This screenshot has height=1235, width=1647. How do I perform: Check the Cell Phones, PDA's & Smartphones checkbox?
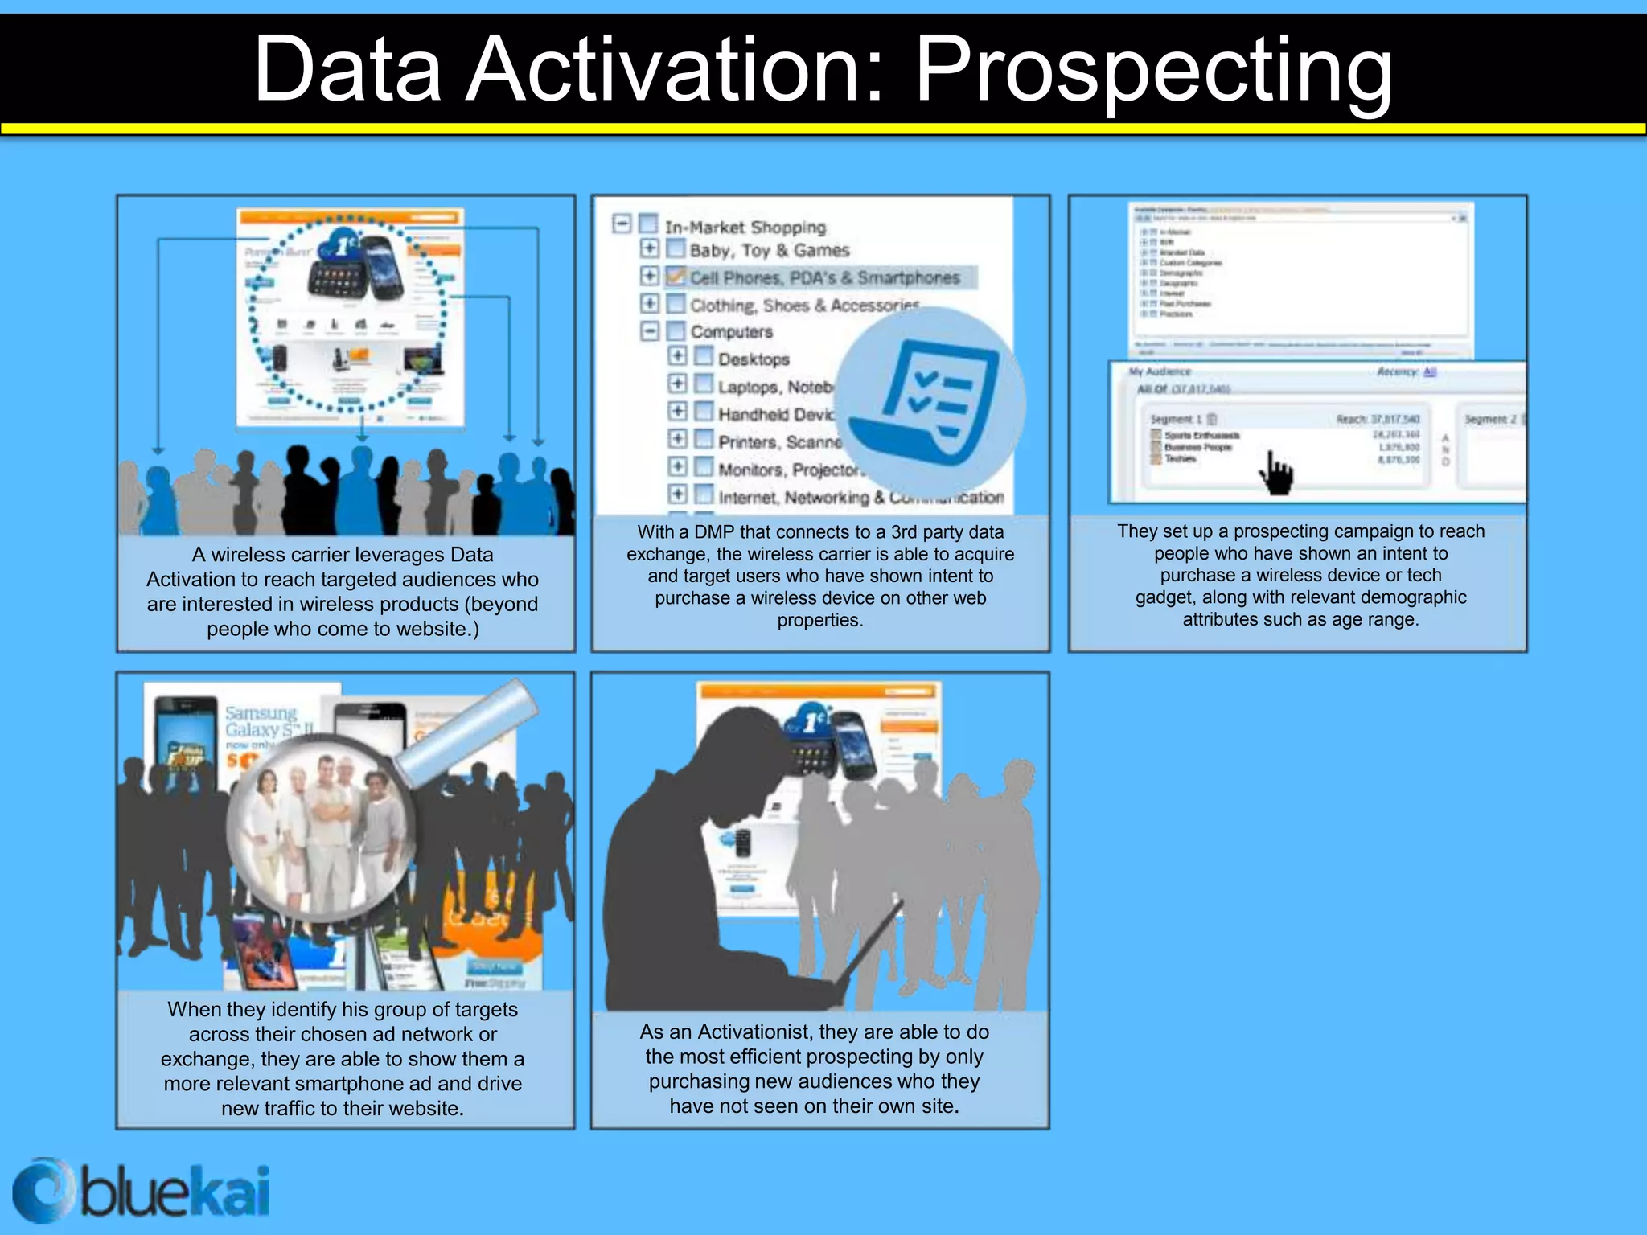tap(676, 277)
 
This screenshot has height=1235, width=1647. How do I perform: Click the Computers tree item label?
tap(731, 332)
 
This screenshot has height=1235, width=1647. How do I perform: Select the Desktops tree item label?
tap(754, 359)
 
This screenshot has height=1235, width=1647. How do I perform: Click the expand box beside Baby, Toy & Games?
tap(649, 248)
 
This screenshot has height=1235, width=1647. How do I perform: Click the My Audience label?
tap(1159, 371)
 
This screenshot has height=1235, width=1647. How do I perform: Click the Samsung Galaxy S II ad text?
tap(262, 722)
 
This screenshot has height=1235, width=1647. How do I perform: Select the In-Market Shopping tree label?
tap(745, 228)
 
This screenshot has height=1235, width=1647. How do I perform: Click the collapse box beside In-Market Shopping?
tap(622, 224)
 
